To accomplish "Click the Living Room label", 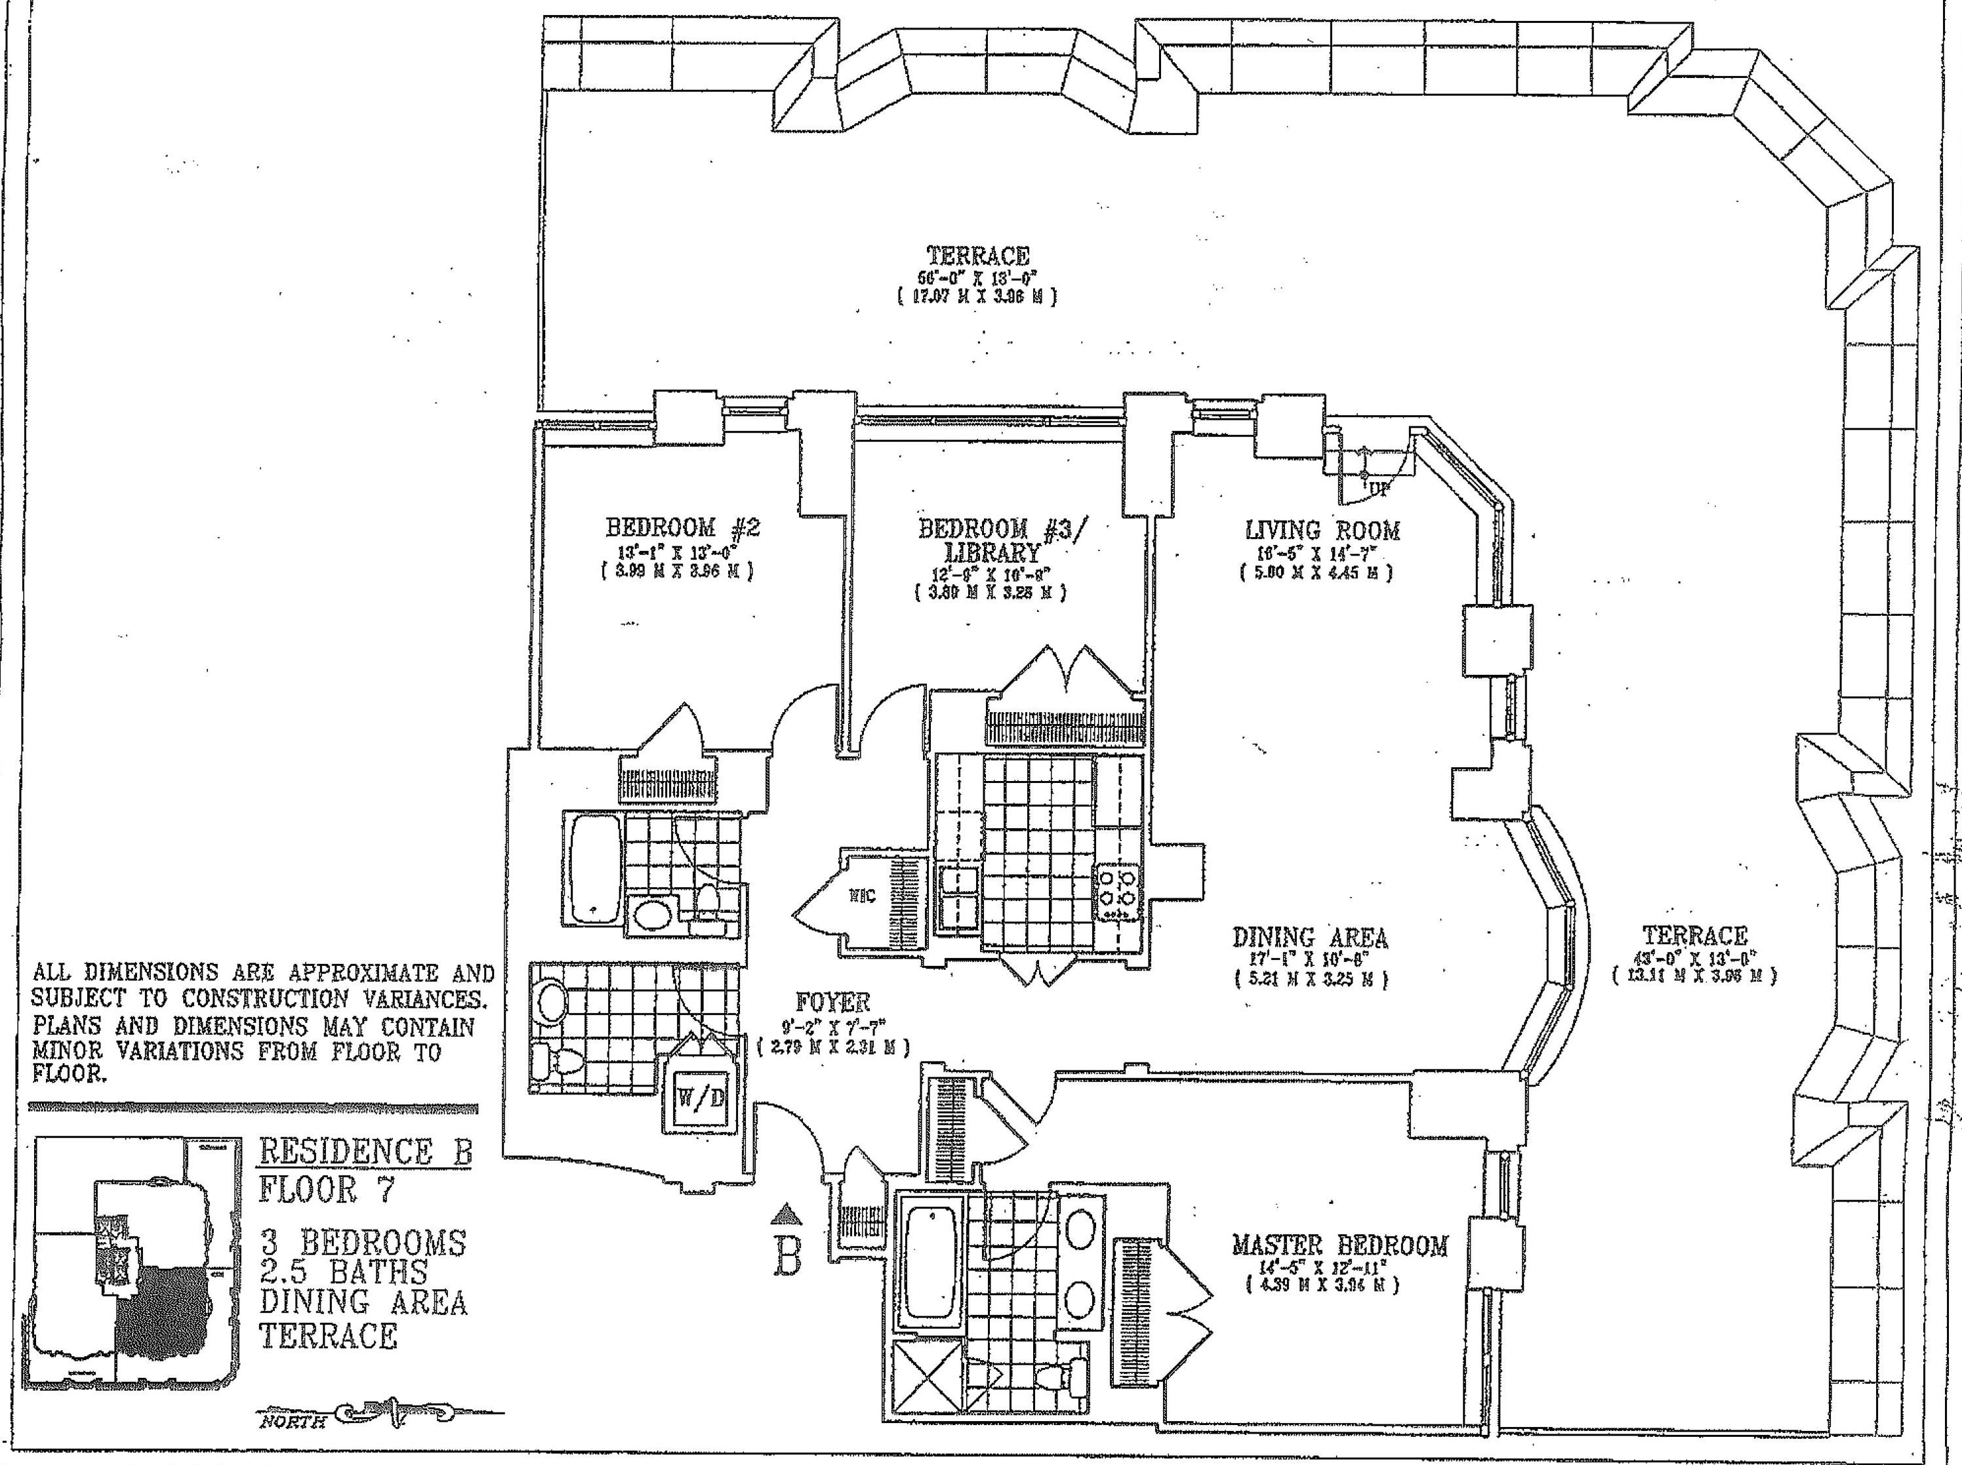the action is pos(1322,531).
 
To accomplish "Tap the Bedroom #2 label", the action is pos(682,528).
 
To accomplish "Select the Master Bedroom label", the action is pos(1339,1246).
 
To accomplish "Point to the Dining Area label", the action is pos(1310,937).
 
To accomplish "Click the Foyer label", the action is pos(833,1003).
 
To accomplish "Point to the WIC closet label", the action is pos(862,896).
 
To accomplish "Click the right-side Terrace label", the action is pos(1694,936).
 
